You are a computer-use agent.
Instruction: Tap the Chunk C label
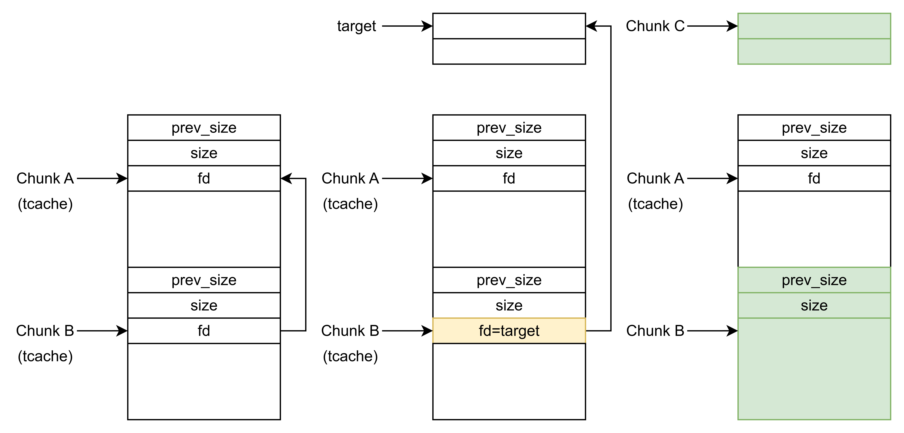(x=655, y=26)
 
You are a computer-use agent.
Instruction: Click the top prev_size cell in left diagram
(x=204, y=128)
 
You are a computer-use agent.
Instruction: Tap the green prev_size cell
(x=814, y=280)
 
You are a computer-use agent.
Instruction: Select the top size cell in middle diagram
(x=509, y=153)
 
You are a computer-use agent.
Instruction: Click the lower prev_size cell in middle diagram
(x=509, y=280)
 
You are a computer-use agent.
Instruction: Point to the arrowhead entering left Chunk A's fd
(x=286, y=178)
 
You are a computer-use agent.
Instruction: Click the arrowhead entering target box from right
(x=592, y=26)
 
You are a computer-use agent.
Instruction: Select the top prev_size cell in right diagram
(x=814, y=128)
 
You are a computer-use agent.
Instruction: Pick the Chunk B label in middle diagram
(x=350, y=331)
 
